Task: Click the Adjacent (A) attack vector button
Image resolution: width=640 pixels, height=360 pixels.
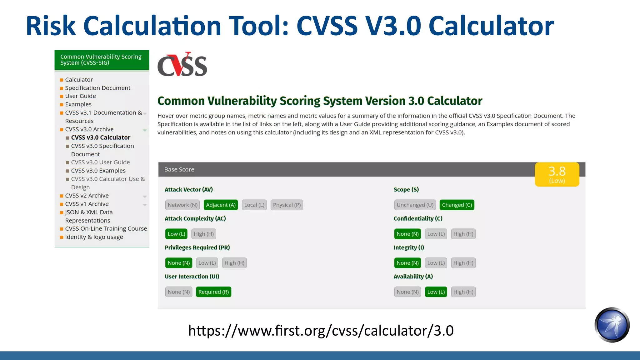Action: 221,205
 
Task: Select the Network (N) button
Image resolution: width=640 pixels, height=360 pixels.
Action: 182,205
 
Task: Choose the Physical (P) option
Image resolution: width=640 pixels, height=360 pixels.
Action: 287,205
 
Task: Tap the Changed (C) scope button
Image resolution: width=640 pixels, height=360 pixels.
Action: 457,205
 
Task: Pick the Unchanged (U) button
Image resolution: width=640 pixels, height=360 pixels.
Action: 415,205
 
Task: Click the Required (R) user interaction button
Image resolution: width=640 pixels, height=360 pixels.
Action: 213,292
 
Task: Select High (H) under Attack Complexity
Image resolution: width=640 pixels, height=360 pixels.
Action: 204,234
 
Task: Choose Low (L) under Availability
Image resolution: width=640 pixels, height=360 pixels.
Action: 436,292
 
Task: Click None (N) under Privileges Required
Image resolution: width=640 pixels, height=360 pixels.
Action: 178,263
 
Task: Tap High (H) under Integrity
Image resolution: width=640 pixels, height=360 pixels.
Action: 463,263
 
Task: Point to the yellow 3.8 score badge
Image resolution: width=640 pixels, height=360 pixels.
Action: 557,174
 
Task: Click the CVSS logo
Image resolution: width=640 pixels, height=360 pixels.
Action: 182,65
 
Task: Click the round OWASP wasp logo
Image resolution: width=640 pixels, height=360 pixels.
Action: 612,325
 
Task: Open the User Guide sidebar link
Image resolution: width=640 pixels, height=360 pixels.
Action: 80,96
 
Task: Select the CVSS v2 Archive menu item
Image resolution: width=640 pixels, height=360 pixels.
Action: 87,196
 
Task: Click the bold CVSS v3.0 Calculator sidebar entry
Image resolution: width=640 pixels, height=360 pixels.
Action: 101,137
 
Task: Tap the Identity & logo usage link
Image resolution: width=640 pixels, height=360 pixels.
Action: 94,237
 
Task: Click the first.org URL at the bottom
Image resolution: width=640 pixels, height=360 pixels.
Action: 321,331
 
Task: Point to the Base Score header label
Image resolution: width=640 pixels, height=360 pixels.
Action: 179,169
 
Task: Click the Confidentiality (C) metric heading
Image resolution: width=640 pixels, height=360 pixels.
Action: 418,218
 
